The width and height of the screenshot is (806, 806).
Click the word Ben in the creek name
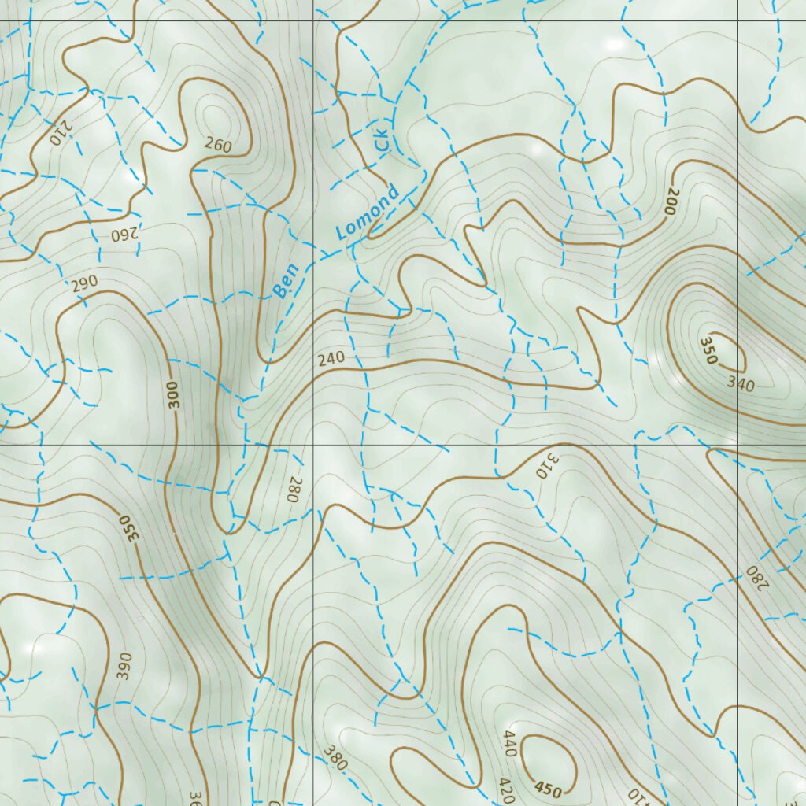tap(286, 280)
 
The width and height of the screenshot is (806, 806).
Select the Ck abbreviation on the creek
tap(382, 140)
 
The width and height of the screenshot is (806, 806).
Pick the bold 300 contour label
tap(174, 394)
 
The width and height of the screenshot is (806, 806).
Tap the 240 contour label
tap(331, 359)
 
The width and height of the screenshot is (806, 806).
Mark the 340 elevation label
tap(741, 385)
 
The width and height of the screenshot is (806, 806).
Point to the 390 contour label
tap(124, 666)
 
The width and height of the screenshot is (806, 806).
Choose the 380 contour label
tap(335, 756)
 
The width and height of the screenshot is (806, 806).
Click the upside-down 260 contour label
tap(123, 235)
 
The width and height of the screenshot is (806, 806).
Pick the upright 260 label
tap(217, 144)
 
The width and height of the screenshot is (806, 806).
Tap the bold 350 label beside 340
tap(708, 350)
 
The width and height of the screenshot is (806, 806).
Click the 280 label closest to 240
tap(295, 489)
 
